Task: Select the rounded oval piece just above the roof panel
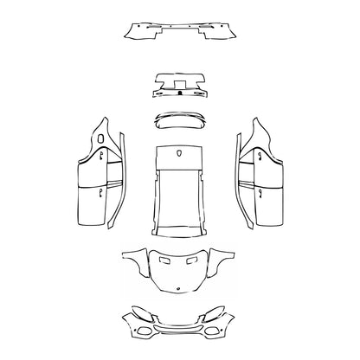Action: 180,119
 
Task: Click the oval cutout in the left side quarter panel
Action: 101,137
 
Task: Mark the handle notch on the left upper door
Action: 101,156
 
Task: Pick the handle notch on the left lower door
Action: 101,191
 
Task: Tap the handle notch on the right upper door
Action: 258,156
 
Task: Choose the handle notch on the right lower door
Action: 258,191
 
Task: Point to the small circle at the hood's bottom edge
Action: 180,286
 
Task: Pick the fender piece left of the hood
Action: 134,259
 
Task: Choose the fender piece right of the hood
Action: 226,259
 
